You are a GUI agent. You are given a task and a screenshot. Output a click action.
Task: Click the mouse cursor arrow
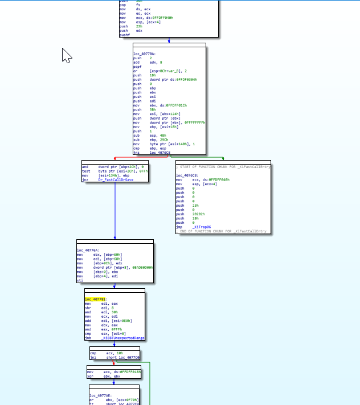click(67, 55)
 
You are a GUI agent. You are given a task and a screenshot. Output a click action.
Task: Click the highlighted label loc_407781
click(96, 299)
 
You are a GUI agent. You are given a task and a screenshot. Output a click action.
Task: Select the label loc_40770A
click(144, 54)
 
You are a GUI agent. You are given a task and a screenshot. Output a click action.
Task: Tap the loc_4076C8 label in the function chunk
click(187, 175)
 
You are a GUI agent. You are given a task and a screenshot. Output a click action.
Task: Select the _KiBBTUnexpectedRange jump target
click(122, 338)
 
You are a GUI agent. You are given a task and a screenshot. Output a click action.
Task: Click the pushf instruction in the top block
click(124, 35)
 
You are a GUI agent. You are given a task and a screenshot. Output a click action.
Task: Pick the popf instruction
click(137, 66)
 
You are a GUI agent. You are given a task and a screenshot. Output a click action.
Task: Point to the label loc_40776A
click(88, 250)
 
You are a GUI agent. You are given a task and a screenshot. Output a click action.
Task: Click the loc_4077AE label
click(100, 395)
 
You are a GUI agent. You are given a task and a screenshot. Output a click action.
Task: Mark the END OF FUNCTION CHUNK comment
click(223, 231)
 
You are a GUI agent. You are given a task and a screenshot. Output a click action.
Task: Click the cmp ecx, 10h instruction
click(103, 353)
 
